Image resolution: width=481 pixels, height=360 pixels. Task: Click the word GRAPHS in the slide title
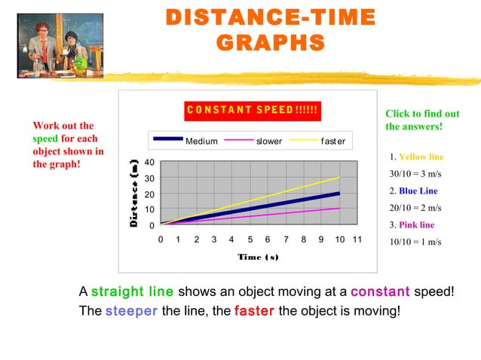(270, 42)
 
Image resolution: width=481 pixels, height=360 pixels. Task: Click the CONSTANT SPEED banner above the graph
(253, 111)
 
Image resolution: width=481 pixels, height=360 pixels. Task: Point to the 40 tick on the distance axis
(150, 162)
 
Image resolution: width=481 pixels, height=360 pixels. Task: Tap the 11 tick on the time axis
(357, 239)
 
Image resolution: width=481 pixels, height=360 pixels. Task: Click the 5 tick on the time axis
(250, 239)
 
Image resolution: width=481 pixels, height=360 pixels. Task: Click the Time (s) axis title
(258, 257)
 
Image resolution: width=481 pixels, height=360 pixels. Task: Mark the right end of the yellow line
(339, 177)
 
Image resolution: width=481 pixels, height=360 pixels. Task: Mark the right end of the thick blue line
(339, 193)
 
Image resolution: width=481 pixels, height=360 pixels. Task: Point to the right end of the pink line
(339, 209)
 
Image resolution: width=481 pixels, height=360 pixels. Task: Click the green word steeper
(131, 310)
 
